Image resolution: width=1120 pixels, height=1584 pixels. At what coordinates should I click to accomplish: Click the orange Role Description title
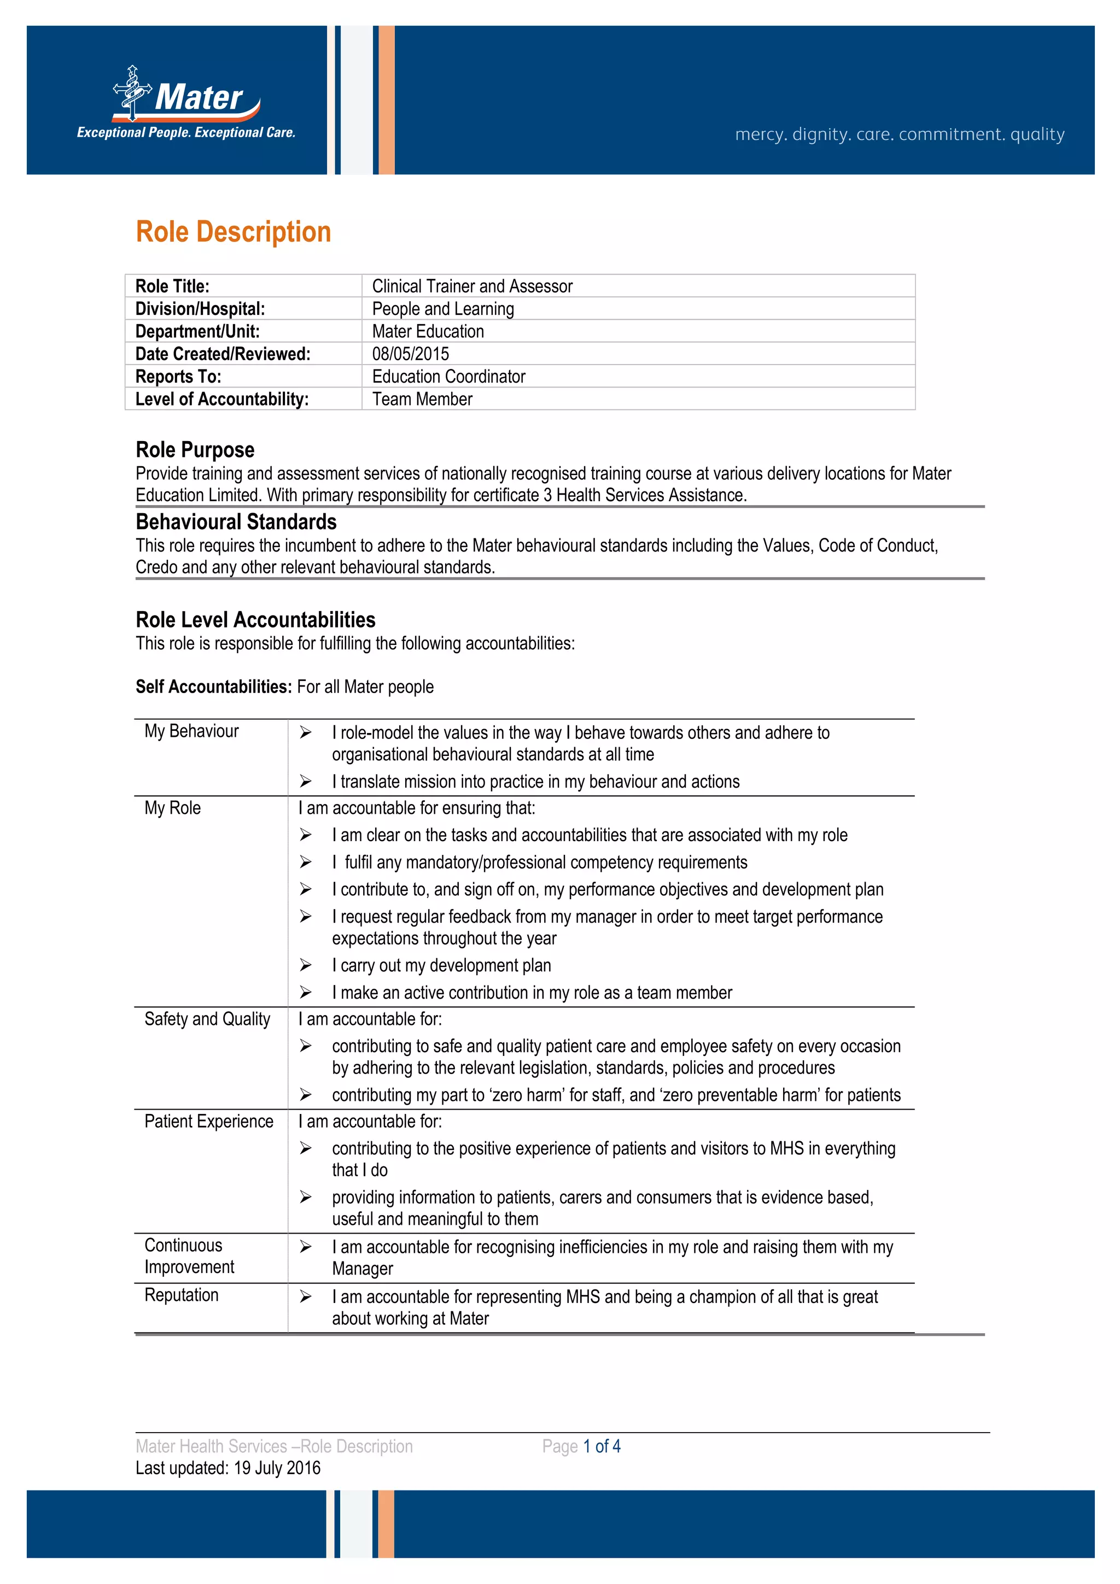tap(234, 232)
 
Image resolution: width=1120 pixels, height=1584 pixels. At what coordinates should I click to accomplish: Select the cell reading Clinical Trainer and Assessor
tap(472, 286)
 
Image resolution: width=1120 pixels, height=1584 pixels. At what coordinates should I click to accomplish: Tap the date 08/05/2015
tap(411, 354)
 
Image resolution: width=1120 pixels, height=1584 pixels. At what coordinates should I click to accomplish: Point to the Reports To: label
tap(178, 377)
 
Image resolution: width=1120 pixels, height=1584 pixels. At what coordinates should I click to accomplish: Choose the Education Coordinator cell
tap(448, 377)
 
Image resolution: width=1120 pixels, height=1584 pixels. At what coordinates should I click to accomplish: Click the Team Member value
tap(422, 400)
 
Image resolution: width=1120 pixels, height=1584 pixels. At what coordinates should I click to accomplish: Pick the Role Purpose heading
tap(195, 450)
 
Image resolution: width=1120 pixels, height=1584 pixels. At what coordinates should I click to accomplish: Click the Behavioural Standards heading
tap(236, 522)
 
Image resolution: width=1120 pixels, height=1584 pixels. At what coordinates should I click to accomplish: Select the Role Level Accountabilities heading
tap(255, 619)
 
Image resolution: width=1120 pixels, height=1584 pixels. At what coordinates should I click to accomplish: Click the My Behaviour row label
tap(191, 731)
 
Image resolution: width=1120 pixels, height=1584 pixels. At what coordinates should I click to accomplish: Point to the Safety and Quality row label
tap(207, 1019)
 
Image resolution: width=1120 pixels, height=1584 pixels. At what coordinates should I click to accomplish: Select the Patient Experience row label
tap(208, 1121)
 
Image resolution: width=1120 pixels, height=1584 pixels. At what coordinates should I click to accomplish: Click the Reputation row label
tap(182, 1295)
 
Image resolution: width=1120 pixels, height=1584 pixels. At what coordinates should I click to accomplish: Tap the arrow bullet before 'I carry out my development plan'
tap(306, 965)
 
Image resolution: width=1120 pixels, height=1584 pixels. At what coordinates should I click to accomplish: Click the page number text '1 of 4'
tap(602, 1446)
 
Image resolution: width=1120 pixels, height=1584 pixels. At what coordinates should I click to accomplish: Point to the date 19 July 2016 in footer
tap(277, 1468)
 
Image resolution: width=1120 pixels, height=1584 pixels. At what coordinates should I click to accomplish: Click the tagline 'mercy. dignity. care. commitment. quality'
tap(899, 134)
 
